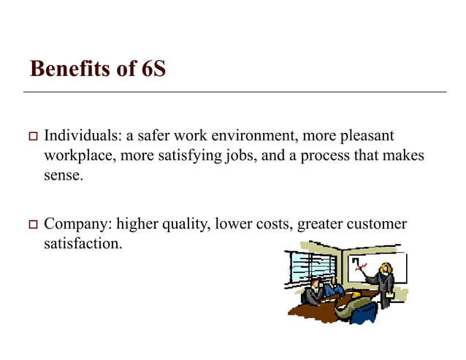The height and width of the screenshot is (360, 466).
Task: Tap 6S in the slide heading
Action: click(x=150, y=69)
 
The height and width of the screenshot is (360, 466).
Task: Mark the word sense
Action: click(x=61, y=175)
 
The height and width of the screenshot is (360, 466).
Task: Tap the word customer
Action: click(x=378, y=223)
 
